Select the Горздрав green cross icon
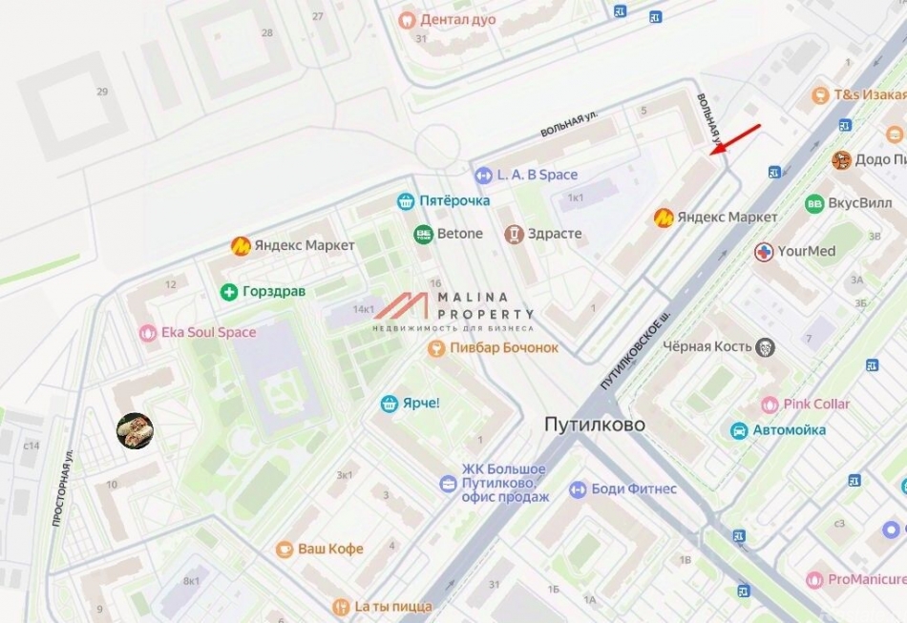[228, 291]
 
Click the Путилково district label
[595, 424]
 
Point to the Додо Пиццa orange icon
[841, 159]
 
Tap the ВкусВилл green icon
[814, 203]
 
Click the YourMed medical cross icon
[764, 252]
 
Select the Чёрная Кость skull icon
[765, 346]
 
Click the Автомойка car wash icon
[739, 430]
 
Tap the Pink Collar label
[816, 404]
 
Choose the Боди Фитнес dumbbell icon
[577, 489]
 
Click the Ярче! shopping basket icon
[389, 404]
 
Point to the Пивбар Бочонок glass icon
[435, 348]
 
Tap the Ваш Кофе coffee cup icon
[285, 550]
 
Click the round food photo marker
[135, 431]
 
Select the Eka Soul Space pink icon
[147, 332]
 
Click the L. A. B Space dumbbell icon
[483, 175]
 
